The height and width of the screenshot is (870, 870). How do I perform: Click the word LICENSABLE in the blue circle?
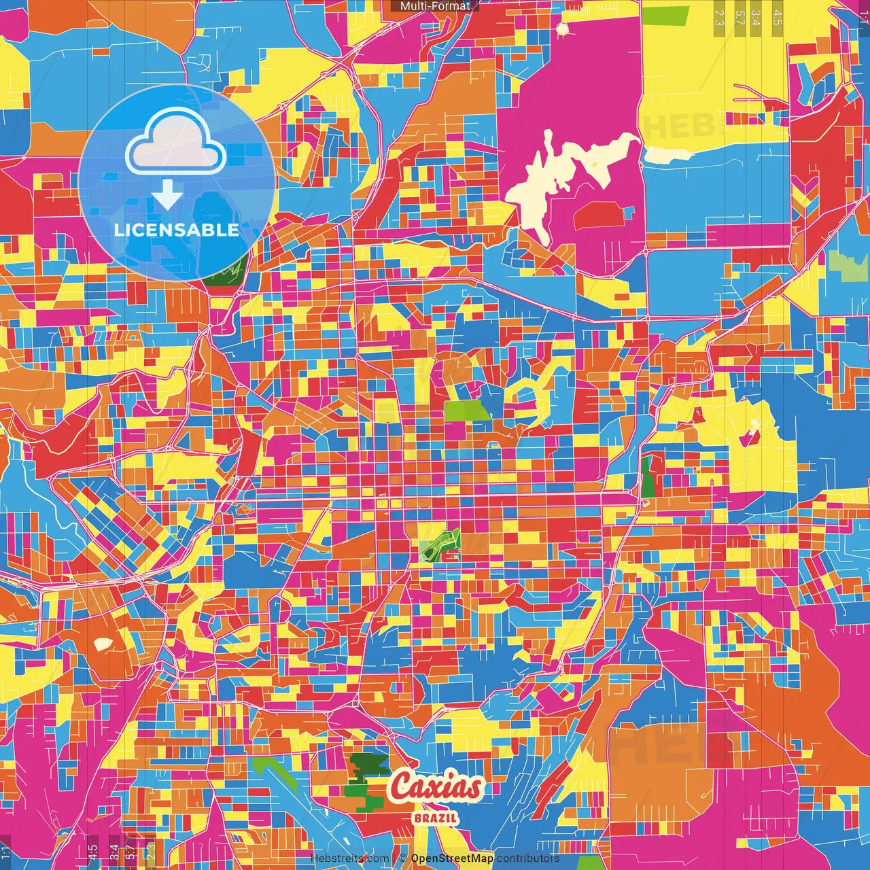click(176, 230)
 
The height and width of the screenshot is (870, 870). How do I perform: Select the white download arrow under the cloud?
click(167, 195)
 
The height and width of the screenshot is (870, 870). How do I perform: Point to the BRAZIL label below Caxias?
click(436, 818)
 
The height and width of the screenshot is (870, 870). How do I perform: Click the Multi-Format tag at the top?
click(435, 6)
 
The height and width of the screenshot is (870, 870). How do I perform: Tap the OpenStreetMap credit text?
click(451, 858)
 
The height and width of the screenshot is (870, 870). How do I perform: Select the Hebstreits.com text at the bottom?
click(349, 858)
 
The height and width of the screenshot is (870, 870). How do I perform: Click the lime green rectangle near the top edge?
click(665, 14)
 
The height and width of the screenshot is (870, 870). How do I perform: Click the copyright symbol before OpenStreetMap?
click(402, 858)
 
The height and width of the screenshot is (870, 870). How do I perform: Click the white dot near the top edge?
click(562, 29)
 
